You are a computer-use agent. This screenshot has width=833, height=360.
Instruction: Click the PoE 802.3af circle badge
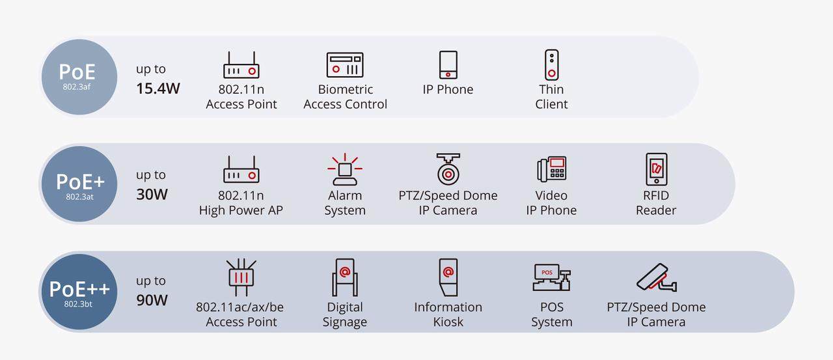(x=78, y=77)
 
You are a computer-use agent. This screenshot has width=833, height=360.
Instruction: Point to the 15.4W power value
(x=158, y=89)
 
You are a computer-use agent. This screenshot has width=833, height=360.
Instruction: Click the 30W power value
(x=152, y=195)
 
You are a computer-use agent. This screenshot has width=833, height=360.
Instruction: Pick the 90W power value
(x=152, y=300)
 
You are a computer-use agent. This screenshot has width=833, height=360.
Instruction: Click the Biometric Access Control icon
(x=345, y=65)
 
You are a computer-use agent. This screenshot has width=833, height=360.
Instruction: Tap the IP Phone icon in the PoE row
(x=448, y=65)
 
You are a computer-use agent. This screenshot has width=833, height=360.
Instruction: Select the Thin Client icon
(x=551, y=65)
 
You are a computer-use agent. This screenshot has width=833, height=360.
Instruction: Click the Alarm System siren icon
(x=345, y=170)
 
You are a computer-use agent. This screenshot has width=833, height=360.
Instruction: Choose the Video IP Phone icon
(x=551, y=170)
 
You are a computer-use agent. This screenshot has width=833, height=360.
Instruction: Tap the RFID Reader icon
(x=656, y=170)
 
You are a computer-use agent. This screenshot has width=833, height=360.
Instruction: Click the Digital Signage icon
(x=345, y=277)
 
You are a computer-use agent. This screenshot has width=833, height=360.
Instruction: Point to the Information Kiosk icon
(x=448, y=277)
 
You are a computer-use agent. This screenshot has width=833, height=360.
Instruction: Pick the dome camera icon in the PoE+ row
(x=448, y=170)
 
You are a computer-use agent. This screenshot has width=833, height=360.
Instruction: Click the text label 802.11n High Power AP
(x=241, y=202)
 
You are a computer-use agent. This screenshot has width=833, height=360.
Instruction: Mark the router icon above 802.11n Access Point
(x=241, y=65)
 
